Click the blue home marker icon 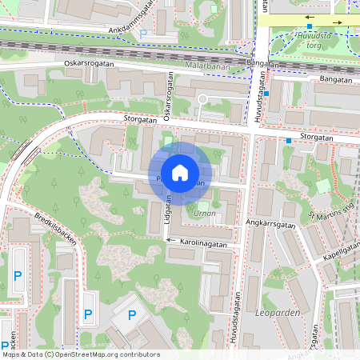point(180,172)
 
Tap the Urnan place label point(204,214)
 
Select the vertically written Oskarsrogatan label point(169,98)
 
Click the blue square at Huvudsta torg point(310,26)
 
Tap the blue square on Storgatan point(289,141)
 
